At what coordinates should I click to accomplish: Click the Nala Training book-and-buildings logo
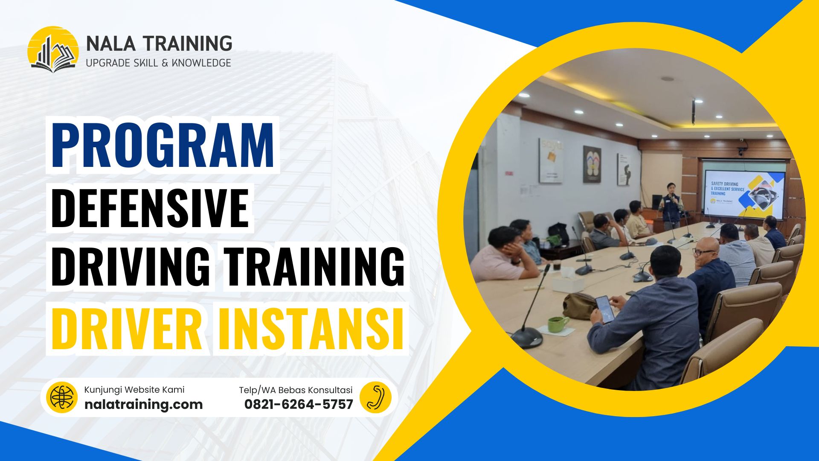pyautogui.click(x=53, y=50)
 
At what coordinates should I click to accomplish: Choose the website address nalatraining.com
pyautogui.click(x=143, y=404)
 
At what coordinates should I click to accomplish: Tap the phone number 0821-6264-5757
pyautogui.click(x=299, y=404)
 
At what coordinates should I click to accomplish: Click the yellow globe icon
pyautogui.click(x=62, y=398)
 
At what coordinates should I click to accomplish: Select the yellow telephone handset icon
pyautogui.click(x=375, y=397)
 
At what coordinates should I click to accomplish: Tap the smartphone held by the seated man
pyautogui.click(x=604, y=308)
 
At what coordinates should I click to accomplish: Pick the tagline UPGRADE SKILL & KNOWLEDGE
pyautogui.click(x=158, y=63)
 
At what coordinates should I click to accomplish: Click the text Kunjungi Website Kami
pyautogui.click(x=134, y=390)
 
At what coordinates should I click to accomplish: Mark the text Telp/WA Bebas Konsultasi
pyautogui.click(x=296, y=390)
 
